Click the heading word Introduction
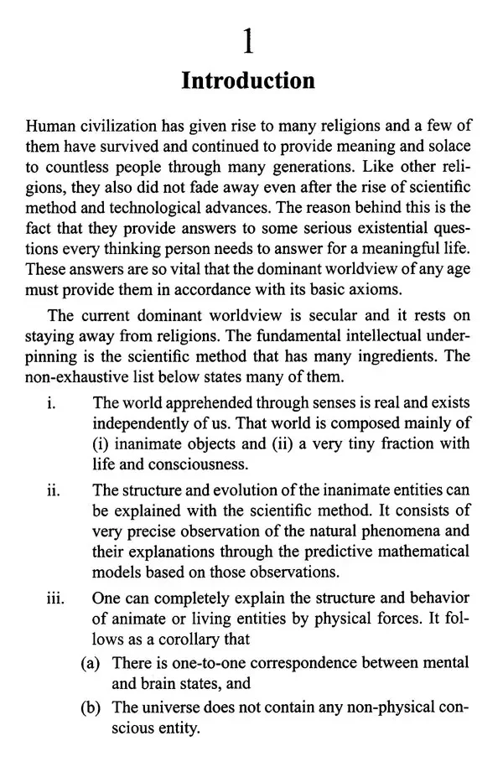coord(248,80)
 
